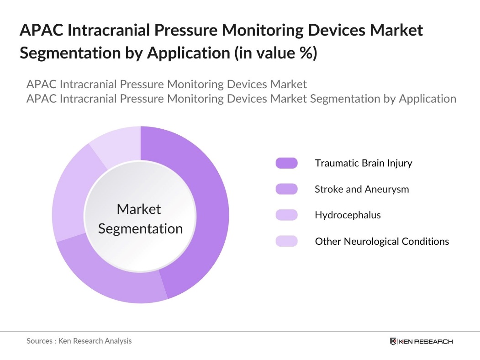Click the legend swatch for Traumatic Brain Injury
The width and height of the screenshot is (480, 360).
point(286,163)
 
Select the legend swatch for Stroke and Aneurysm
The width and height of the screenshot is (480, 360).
point(286,189)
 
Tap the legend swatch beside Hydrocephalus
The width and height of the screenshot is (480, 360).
point(286,215)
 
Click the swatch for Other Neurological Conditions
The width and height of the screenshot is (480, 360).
point(286,241)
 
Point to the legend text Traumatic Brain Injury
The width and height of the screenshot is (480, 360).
point(364,163)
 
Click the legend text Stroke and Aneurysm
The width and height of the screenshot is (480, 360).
point(362,189)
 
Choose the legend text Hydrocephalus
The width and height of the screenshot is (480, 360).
point(348,215)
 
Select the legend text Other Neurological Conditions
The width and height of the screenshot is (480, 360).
point(382,241)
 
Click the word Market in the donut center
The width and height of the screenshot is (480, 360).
point(139,209)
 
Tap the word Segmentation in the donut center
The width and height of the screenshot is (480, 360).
point(140,229)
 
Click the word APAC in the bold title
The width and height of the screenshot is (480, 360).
point(41,31)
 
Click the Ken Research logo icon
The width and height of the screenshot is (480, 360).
point(393,341)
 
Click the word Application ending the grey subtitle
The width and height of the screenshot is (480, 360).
point(427,98)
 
